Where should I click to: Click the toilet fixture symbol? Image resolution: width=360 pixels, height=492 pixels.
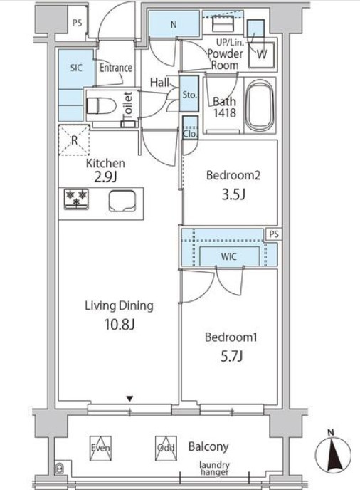tap(100, 106)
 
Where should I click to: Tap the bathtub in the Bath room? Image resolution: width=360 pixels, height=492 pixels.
tap(260, 105)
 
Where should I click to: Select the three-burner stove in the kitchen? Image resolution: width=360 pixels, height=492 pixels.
tap(76, 199)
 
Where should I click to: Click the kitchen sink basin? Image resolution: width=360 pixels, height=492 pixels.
tap(122, 201)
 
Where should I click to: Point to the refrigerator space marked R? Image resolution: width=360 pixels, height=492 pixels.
tap(74, 140)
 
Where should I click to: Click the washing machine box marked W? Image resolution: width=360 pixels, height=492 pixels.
tap(262, 55)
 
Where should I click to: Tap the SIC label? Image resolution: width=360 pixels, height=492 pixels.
tap(76, 68)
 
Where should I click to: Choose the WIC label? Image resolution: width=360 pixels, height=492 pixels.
tap(228, 256)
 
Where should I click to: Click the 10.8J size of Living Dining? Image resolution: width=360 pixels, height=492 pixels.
tap(120, 325)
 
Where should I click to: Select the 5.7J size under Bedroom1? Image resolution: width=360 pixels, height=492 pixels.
tap(231, 356)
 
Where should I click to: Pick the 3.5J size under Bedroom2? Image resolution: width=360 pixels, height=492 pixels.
tap(233, 194)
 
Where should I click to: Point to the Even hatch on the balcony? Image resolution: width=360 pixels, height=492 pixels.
tap(100, 449)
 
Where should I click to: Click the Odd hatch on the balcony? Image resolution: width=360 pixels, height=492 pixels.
tap(166, 449)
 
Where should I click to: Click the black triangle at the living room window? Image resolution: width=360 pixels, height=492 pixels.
tap(129, 399)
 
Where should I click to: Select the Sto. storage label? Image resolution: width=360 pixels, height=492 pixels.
tap(189, 95)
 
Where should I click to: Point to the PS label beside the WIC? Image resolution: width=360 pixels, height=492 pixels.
tap(274, 234)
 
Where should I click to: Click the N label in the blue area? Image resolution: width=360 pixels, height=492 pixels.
tap(174, 24)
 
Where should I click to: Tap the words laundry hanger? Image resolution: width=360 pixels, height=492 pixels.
tap(214, 469)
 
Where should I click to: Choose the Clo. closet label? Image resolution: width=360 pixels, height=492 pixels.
tap(191, 135)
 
